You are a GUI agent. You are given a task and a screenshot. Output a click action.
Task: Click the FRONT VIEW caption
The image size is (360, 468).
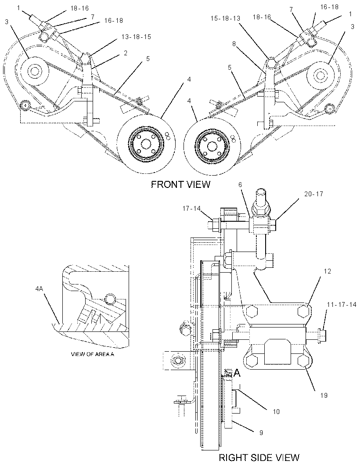pyautogui.click(x=180, y=184)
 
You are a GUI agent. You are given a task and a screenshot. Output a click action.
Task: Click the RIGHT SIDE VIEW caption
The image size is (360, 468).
pyautogui.click(x=259, y=457)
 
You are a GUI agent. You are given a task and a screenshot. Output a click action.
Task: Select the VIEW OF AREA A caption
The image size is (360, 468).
pyautogui.click(x=93, y=354)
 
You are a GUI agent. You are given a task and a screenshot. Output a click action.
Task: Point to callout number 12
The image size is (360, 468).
pyautogui.click(x=328, y=271)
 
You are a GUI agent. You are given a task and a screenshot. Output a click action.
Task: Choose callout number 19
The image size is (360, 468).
pyautogui.click(x=324, y=395)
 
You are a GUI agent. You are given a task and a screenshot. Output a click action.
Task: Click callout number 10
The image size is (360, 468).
pyautogui.click(x=276, y=412)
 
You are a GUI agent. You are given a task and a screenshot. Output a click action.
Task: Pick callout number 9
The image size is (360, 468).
pyautogui.click(x=261, y=432)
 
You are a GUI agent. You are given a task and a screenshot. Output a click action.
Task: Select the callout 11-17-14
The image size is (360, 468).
pyautogui.click(x=342, y=305)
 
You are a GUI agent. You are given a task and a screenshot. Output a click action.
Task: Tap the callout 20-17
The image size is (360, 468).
pyautogui.click(x=314, y=194)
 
